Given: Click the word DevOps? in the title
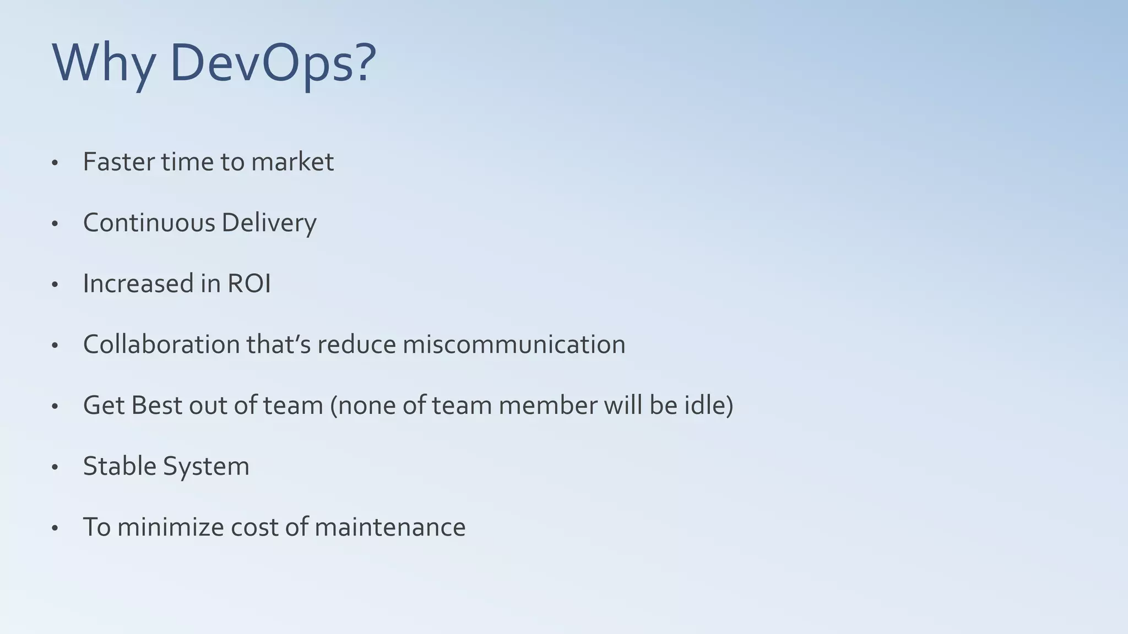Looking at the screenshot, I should click(273, 63).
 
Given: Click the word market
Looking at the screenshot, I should click(292, 162).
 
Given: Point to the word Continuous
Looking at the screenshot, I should click(149, 223).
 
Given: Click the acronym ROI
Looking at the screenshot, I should click(249, 284).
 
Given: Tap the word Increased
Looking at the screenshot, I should click(138, 284).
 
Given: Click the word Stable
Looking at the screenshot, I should click(120, 466).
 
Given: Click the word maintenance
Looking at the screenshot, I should click(390, 527).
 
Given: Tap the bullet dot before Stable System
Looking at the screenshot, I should click(55, 467).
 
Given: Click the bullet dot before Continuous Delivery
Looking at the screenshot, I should click(55, 224).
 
